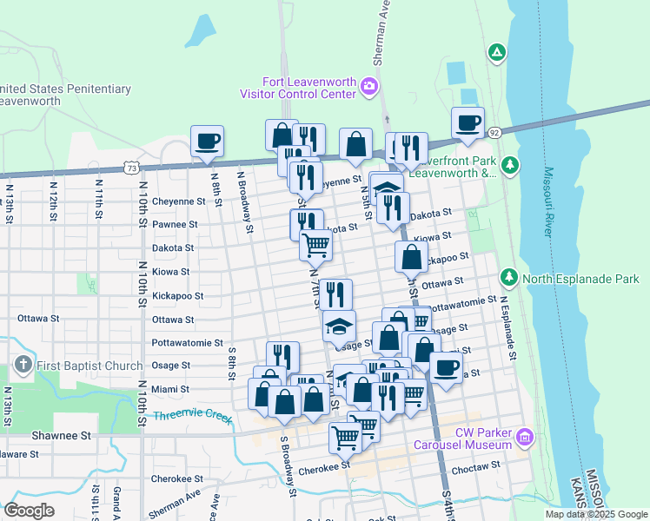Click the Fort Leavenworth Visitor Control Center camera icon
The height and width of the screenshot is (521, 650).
(368, 85)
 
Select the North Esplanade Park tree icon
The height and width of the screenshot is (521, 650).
(510, 278)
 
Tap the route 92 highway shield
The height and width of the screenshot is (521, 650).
(494, 132)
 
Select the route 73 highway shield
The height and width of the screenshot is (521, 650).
(130, 165)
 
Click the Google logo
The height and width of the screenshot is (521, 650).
(29, 510)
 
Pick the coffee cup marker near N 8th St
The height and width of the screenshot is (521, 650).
(207, 142)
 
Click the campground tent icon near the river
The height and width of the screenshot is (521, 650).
(496, 53)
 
